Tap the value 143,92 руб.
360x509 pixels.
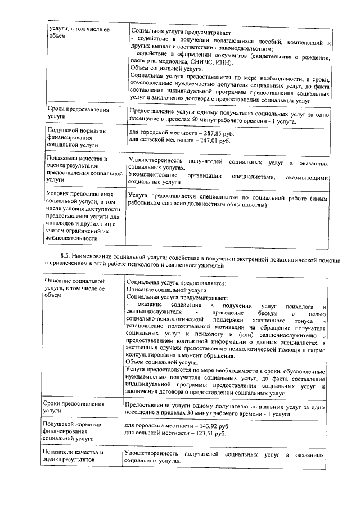(204, 426)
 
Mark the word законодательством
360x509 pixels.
(231, 48)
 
